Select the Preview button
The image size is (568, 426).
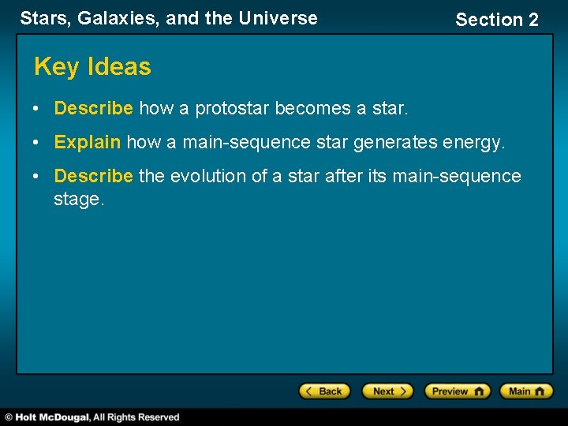457,391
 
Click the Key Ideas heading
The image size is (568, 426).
92,67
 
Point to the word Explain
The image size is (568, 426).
88,142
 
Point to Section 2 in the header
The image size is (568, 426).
497,20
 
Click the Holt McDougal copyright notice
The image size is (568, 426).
93,417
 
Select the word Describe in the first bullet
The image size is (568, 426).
94,108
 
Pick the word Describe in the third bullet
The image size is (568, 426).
94,176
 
